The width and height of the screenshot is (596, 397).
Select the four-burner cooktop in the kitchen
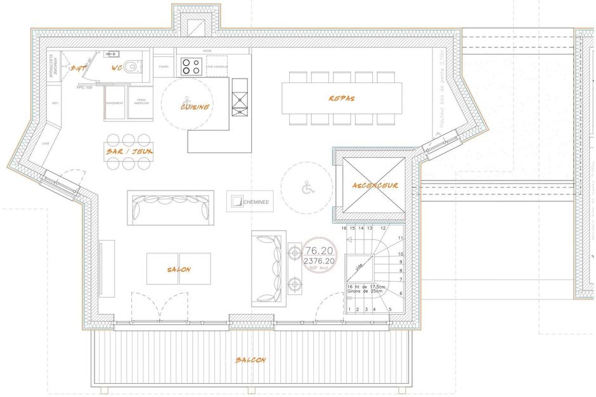[191, 66]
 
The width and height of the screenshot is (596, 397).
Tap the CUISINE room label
[195, 107]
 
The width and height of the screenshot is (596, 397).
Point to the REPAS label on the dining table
[341, 99]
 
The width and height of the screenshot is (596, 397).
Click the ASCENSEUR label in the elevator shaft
[375, 186]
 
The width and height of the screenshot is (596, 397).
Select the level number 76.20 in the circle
[320, 250]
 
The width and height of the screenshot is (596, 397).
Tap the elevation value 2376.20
[320, 260]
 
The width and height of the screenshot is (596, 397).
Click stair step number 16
[344, 228]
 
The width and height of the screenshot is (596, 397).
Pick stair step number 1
[349, 309]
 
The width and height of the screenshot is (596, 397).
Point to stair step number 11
[400, 238]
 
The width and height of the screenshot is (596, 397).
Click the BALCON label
[250, 360]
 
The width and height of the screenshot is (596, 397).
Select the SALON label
[179, 270]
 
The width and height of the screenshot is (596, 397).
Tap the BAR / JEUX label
[129, 152]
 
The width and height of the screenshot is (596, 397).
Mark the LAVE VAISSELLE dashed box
[217, 66]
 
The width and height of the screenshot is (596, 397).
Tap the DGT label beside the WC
[79, 67]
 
